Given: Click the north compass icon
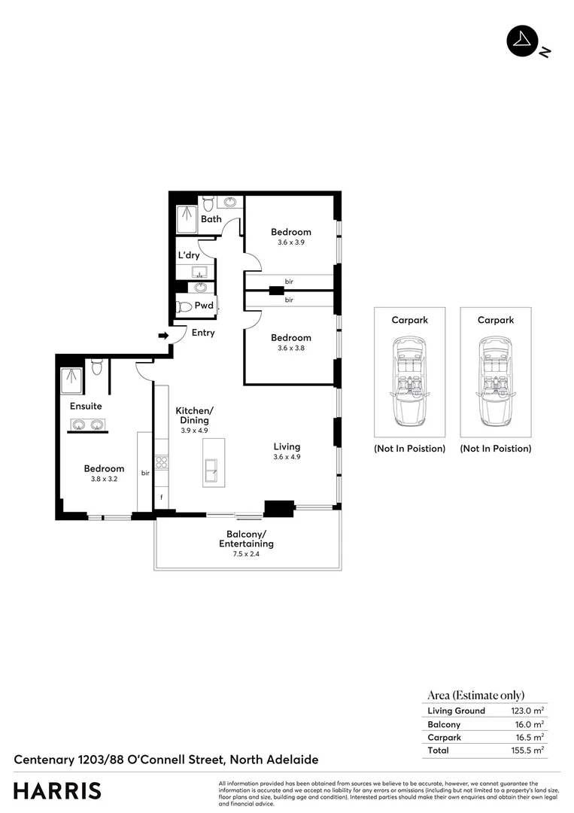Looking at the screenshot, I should (522, 42).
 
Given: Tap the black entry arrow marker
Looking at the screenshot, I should (162, 336).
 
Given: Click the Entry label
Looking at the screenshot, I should (203, 333).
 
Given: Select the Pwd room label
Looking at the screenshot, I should (203, 306).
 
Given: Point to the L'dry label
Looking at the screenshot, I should (188, 255).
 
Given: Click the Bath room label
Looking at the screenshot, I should (211, 219).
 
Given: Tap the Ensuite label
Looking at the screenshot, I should (86, 406).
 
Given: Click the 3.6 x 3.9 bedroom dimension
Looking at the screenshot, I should (291, 242).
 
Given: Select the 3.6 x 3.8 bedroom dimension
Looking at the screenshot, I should (291, 348).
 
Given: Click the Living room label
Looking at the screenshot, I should (287, 446).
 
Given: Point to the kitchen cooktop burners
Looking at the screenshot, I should (161, 463).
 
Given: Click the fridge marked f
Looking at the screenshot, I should (161, 498).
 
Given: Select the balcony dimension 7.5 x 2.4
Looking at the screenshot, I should (246, 553).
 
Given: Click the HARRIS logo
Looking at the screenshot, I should (57, 790).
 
